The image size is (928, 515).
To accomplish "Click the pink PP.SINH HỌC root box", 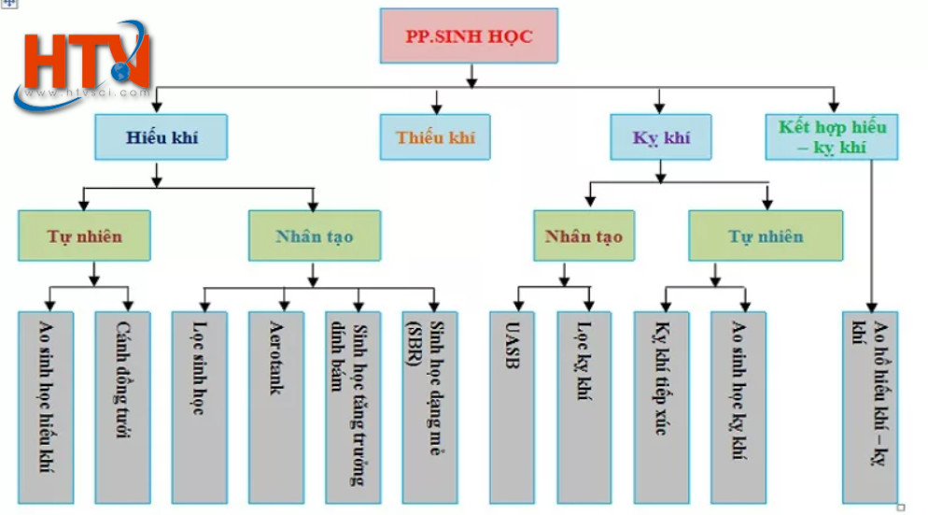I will (469, 36).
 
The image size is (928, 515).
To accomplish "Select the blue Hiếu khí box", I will (162, 137).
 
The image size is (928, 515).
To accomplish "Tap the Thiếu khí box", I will (435, 137).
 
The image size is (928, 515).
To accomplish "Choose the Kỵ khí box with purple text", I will (661, 137).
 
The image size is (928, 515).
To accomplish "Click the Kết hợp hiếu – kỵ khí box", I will (832, 136).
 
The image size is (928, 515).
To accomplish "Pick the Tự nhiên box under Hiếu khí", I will (84, 236).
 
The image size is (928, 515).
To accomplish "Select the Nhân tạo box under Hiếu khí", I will (314, 236).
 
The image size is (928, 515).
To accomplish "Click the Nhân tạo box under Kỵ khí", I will (584, 236).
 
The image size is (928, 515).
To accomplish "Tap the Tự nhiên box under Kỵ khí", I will (766, 236).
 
